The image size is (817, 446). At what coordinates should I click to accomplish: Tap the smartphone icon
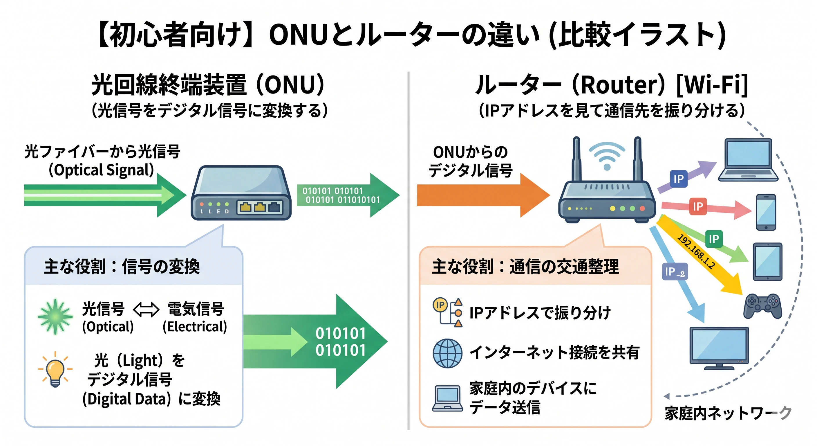pos(766,212)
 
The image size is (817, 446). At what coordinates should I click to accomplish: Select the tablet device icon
pos(767,262)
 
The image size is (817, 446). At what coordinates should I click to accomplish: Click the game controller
pos(763,306)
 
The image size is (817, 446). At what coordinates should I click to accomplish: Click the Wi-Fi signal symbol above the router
pos(607,156)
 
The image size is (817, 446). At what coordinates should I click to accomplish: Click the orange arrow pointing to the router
pos(483,195)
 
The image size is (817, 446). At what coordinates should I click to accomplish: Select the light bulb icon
pos(55,370)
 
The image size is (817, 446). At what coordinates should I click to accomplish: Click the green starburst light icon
pos(55,316)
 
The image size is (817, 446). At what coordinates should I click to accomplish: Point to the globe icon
pos(447,353)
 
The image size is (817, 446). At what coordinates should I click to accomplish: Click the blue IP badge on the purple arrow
pos(678,179)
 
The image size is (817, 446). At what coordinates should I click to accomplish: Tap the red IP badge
pos(698,206)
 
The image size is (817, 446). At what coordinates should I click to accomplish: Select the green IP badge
pos(714,239)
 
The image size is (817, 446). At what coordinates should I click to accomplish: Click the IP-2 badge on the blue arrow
pos(675,271)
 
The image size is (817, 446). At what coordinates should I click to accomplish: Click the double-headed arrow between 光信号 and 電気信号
pos(146,310)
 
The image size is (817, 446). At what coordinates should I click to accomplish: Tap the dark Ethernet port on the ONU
pos(274,208)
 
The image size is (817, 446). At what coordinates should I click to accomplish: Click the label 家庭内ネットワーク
pos(728,413)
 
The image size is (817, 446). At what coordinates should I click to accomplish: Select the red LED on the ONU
pos(202,204)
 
